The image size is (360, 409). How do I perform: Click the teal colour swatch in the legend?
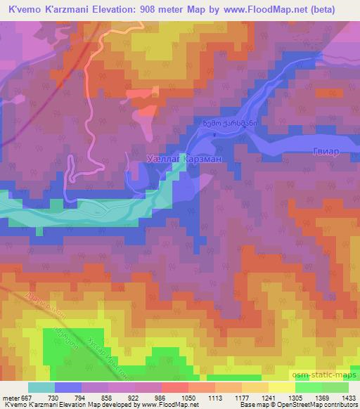pyautogui.click(x=41, y=387)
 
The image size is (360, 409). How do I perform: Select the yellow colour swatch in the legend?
pyautogui.click(x=283, y=387)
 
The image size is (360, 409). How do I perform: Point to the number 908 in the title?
pyautogui.click(x=156, y=9)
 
